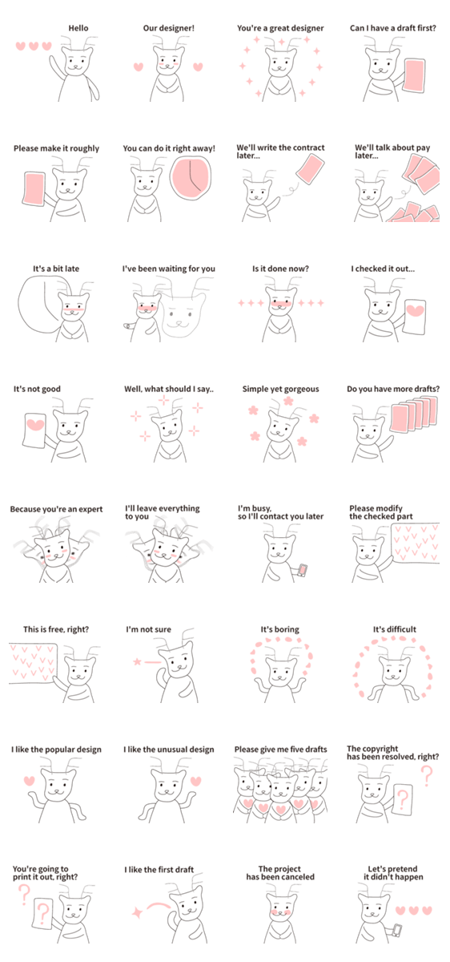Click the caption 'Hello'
point(78,28)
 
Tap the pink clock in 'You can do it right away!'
point(191,177)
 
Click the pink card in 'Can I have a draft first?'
point(415,75)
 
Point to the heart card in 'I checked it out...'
point(415,316)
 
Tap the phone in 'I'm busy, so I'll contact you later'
point(303,570)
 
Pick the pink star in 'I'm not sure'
point(137,661)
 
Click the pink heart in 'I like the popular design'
point(29,780)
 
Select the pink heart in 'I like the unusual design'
point(195,781)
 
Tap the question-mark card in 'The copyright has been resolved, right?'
point(403,798)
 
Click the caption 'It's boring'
point(280,629)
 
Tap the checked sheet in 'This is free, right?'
point(33,663)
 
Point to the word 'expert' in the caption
point(90,510)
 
